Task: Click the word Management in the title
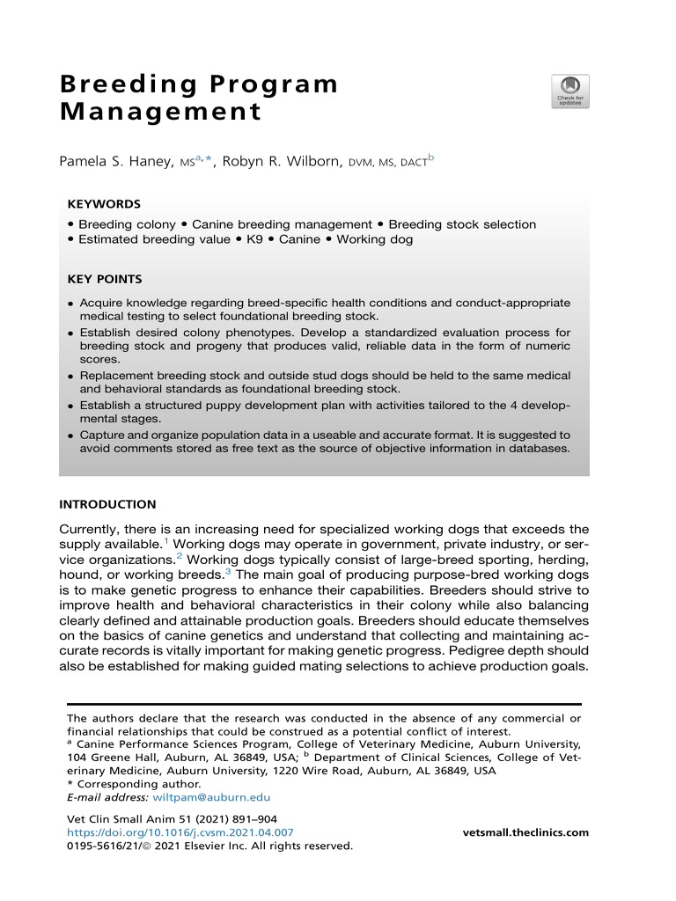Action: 159,113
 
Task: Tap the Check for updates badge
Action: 569,92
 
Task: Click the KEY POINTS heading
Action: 105,279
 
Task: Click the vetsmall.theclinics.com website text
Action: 525,832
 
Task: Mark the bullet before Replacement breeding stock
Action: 70,377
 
